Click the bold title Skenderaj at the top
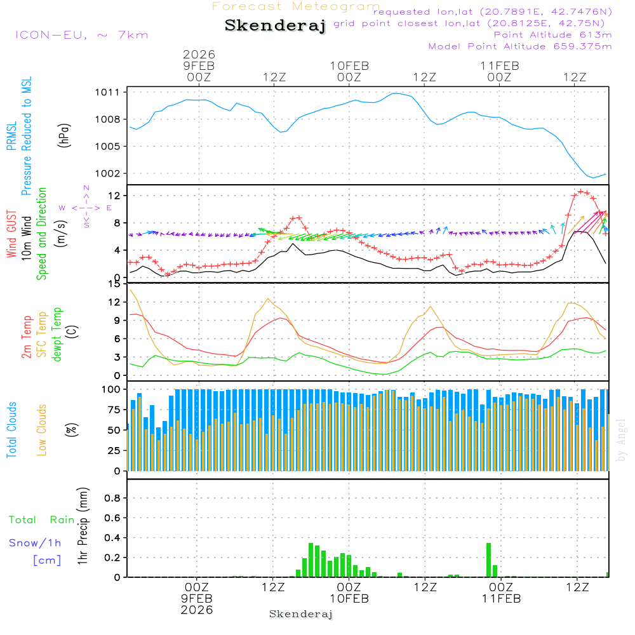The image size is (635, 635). click(x=275, y=26)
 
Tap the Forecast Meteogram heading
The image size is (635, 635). click(x=296, y=6)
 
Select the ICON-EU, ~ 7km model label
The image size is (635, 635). click(x=81, y=34)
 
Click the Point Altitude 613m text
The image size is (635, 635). click(x=552, y=34)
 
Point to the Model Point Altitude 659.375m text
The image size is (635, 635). click(x=520, y=46)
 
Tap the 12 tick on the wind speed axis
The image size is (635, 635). click(x=116, y=195)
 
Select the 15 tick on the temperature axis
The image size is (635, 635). click(x=116, y=284)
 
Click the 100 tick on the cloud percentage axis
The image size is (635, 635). click(x=112, y=389)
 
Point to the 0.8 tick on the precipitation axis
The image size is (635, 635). click(x=112, y=498)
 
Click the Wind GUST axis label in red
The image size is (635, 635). click(x=11, y=235)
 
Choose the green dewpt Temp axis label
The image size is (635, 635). click(x=57, y=335)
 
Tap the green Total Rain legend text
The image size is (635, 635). click(x=42, y=519)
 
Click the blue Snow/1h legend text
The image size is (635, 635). click(x=35, y=543)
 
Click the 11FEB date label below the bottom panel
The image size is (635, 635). click(x=501, y=598)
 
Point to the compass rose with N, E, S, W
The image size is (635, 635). click(x=86, y=207)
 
